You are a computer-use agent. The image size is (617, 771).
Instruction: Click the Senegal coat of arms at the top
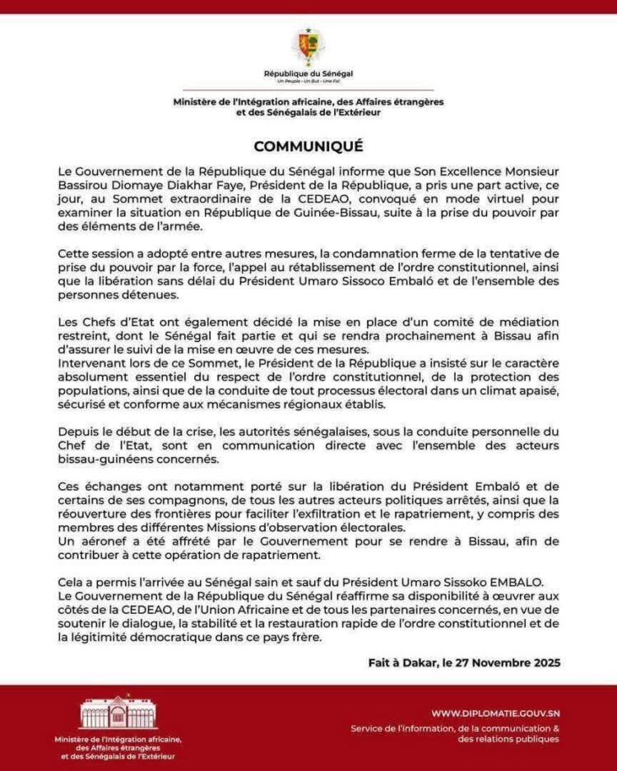coord(308,46)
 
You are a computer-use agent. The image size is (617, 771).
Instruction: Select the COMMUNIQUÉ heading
coord(308,146)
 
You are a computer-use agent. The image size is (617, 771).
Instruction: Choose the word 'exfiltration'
coord(336,514)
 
